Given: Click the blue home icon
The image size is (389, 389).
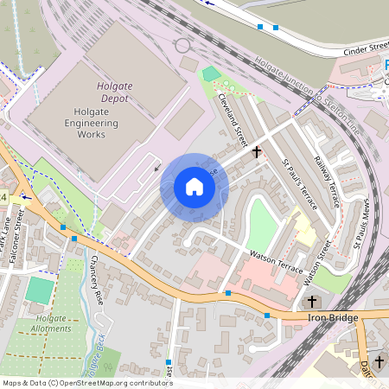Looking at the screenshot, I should (x=194, y=186).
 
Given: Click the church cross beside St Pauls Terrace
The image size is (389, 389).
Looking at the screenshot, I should (x=257, y=152).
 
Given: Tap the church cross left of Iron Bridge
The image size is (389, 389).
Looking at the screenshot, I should (x=312, y=302).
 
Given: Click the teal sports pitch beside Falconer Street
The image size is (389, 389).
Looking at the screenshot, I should (x=39, y=290).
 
